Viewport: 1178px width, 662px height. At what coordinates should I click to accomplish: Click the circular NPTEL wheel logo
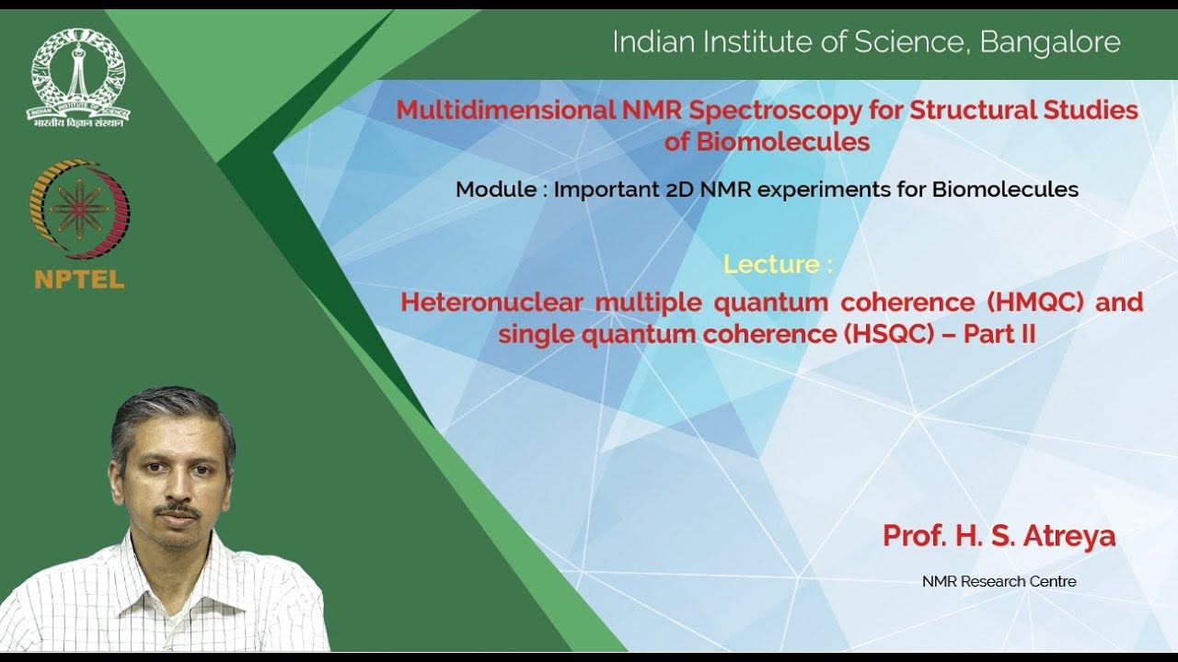point(79,210)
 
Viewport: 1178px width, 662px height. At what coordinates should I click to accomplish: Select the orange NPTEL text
point(79,280)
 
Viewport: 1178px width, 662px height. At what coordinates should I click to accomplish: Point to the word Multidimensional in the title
point(505,110)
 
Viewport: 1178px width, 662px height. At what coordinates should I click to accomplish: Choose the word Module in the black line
point(495,189)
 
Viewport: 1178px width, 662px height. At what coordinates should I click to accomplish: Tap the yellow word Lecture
point(771,265)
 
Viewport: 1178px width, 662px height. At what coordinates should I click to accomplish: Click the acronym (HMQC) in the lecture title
point(1037,302)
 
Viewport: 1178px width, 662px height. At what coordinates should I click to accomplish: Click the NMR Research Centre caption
point(999,581)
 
